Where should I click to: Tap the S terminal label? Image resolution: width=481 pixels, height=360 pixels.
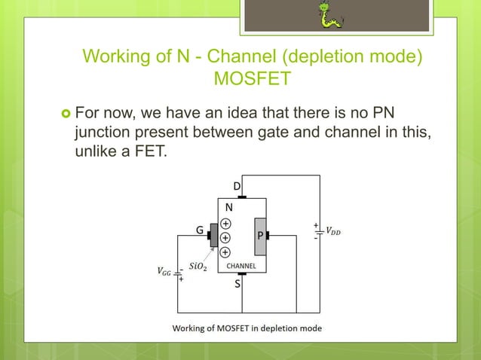point(237,285)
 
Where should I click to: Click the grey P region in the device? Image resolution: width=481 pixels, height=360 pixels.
point(260,236)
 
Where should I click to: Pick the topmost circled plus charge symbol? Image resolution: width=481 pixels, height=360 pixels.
point(225,223)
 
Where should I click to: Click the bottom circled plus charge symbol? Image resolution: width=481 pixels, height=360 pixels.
point(225,251)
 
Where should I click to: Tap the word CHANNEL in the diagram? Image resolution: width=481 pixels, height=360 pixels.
point(241,267)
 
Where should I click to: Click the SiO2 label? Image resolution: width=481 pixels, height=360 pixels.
point(198,266)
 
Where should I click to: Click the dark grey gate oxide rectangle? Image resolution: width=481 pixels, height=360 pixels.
point(214,236)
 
